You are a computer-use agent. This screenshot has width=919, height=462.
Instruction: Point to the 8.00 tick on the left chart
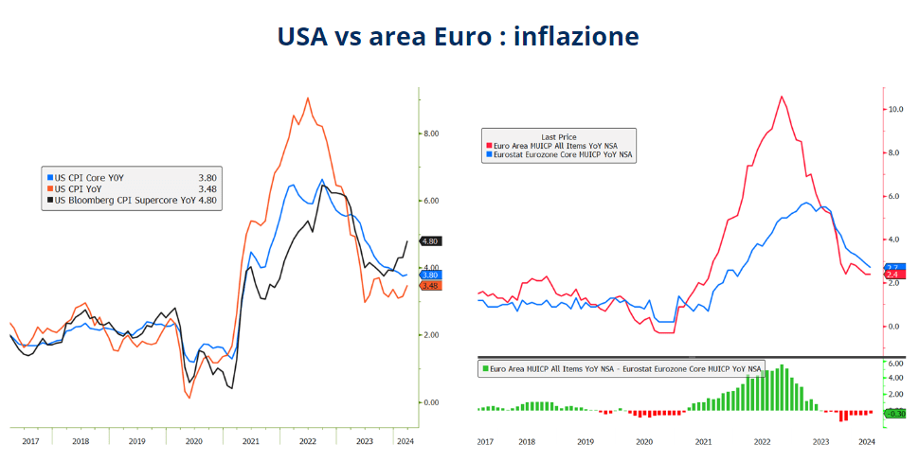[430, 133]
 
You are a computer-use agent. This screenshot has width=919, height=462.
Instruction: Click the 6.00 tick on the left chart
[430, 201]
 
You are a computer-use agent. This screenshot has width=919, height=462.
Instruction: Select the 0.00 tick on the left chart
[430, 402]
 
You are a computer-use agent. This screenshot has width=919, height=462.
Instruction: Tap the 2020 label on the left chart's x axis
[194, 441]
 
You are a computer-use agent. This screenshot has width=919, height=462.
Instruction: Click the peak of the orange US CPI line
[307, 98]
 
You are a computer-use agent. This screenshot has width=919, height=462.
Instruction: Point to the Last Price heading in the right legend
[559, 136]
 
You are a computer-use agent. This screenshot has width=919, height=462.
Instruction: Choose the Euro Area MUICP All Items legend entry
[558, 145]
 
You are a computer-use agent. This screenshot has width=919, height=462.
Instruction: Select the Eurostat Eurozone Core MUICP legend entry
[560, 153]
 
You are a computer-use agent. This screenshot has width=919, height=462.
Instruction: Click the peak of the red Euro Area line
[782, 96]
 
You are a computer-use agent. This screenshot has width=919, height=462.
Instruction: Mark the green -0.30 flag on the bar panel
[895, 413]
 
